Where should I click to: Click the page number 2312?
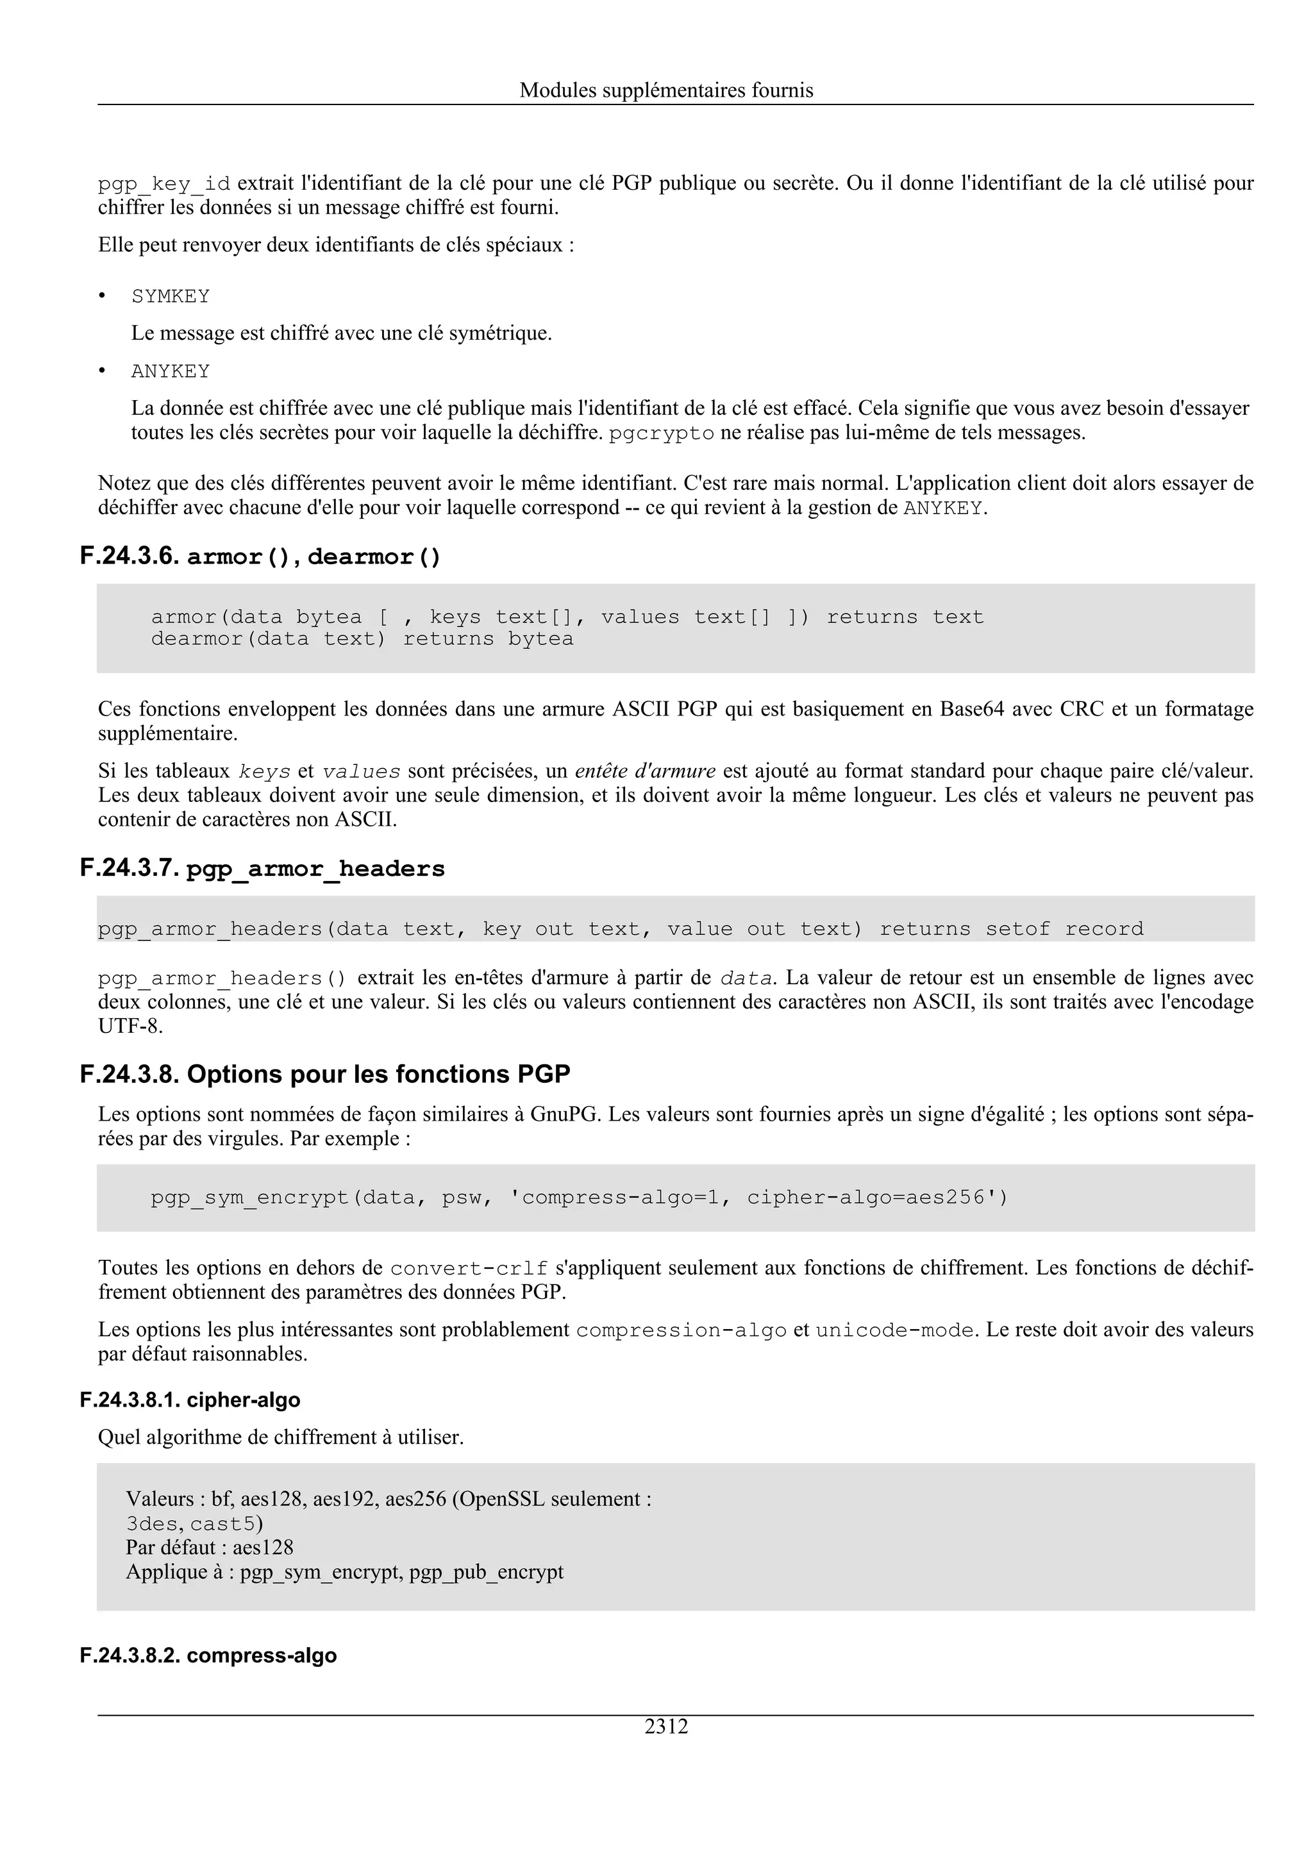click(x=666, y=1726)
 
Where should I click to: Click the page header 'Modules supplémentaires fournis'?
click(x=666, y=90)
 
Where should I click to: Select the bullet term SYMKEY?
click(x=171, y=297)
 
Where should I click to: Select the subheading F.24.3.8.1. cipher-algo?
click(x=190, y=1400)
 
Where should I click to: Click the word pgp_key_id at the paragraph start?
click(x=164, y=185)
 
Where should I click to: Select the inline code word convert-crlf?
click(x=469, y=1268)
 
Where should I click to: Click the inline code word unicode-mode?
click(x=894, y=1330)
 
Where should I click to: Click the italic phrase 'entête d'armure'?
click(x=645, y=771)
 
